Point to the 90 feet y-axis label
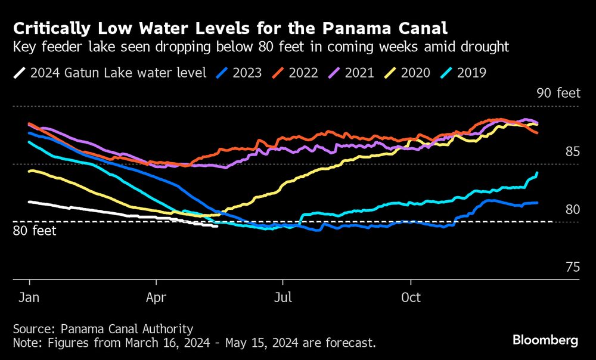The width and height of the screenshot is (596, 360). [x=558, y=93]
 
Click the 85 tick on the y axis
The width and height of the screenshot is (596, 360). [x=572, y=152]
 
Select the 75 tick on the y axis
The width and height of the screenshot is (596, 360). [x=572, y=267]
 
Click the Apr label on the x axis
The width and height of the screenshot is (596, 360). [x=157, y=296]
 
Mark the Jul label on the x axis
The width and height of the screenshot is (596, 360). [x=283, y=296]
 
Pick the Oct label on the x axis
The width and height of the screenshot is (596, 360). [x=411, y=296]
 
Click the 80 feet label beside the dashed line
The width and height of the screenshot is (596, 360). [x=35, y=231]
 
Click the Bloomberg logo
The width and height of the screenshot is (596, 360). [x=545, y=340]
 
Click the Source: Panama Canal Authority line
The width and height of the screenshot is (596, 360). [x=103, y=328]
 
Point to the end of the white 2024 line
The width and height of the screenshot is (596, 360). [x=217, y=226]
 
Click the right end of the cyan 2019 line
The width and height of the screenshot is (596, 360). [x=538, y=173]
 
